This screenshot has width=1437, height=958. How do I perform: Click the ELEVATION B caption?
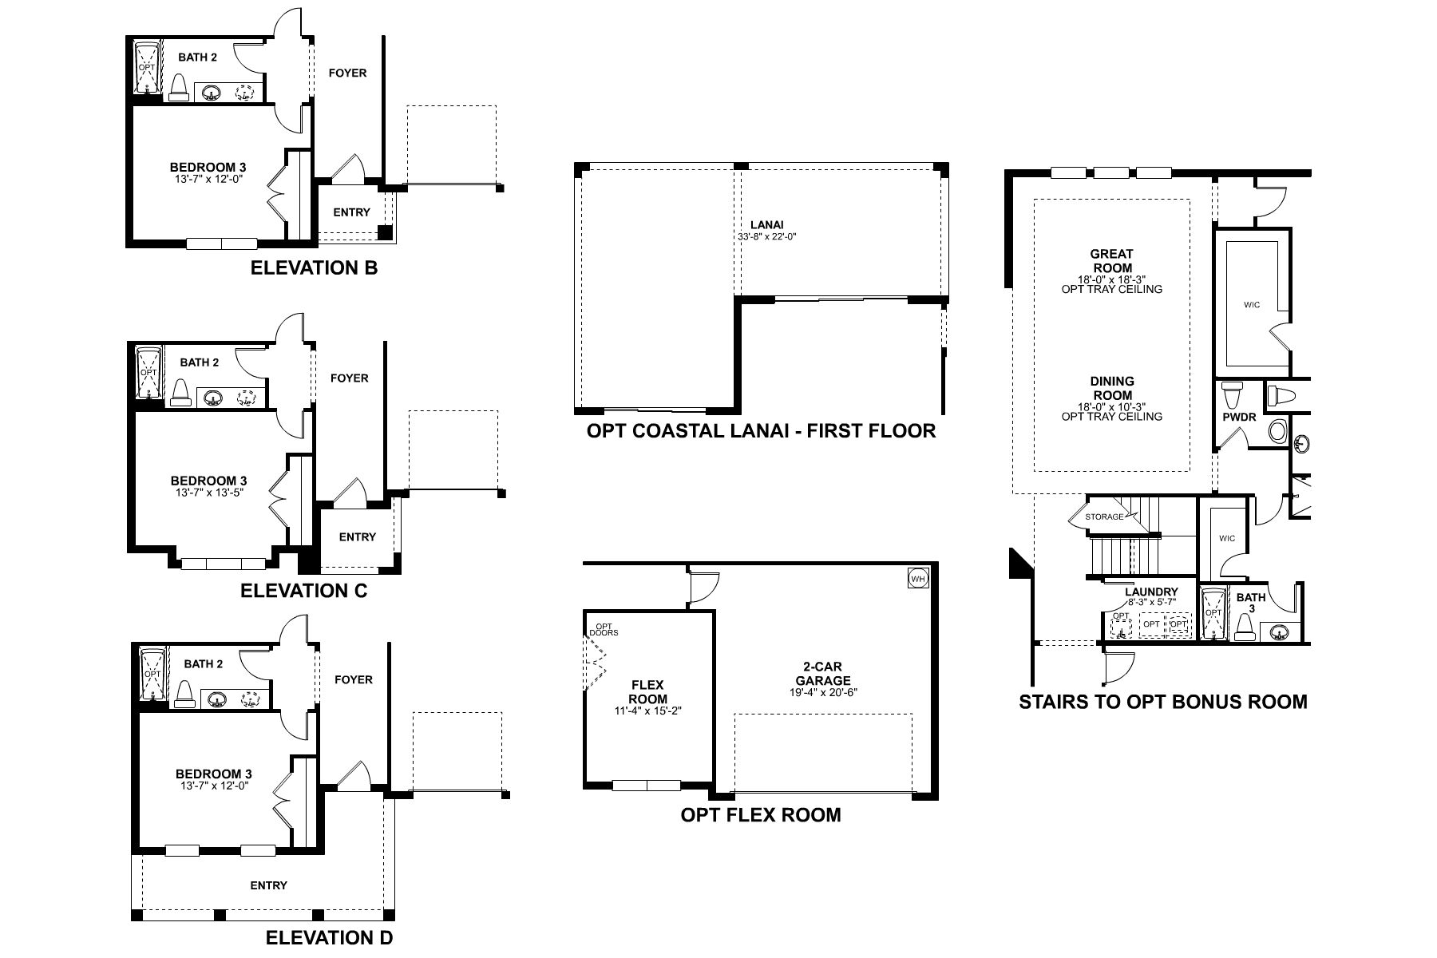coord(314,268)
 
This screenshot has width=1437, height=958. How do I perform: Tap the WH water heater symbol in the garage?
coord(917,578)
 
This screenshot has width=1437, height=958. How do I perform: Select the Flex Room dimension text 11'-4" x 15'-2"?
coord(648,711)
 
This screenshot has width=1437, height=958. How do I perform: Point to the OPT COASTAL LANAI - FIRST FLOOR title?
coord(761,432)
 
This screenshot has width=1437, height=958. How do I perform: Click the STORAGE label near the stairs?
coord(1104,517)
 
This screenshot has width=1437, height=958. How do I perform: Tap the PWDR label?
coord(1238,417)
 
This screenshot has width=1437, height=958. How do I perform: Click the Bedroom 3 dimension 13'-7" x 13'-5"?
coord(208,493)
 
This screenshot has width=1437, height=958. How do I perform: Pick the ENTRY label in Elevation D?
coord(268,885)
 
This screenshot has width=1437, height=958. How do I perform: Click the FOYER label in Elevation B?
coord(348,73)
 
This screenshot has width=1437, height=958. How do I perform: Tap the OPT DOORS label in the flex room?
coord(604,629)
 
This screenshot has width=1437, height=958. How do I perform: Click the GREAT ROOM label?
coord(1111,261)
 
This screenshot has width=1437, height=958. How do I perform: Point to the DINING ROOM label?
coord(1111,389)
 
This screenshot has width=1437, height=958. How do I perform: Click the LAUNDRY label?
coord(1151,592)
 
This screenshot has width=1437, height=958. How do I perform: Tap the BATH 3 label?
coord(1251,603)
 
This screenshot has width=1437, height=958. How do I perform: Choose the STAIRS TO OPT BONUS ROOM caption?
coord(1163,703)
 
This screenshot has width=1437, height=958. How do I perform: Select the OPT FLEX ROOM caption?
coord(761,815)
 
